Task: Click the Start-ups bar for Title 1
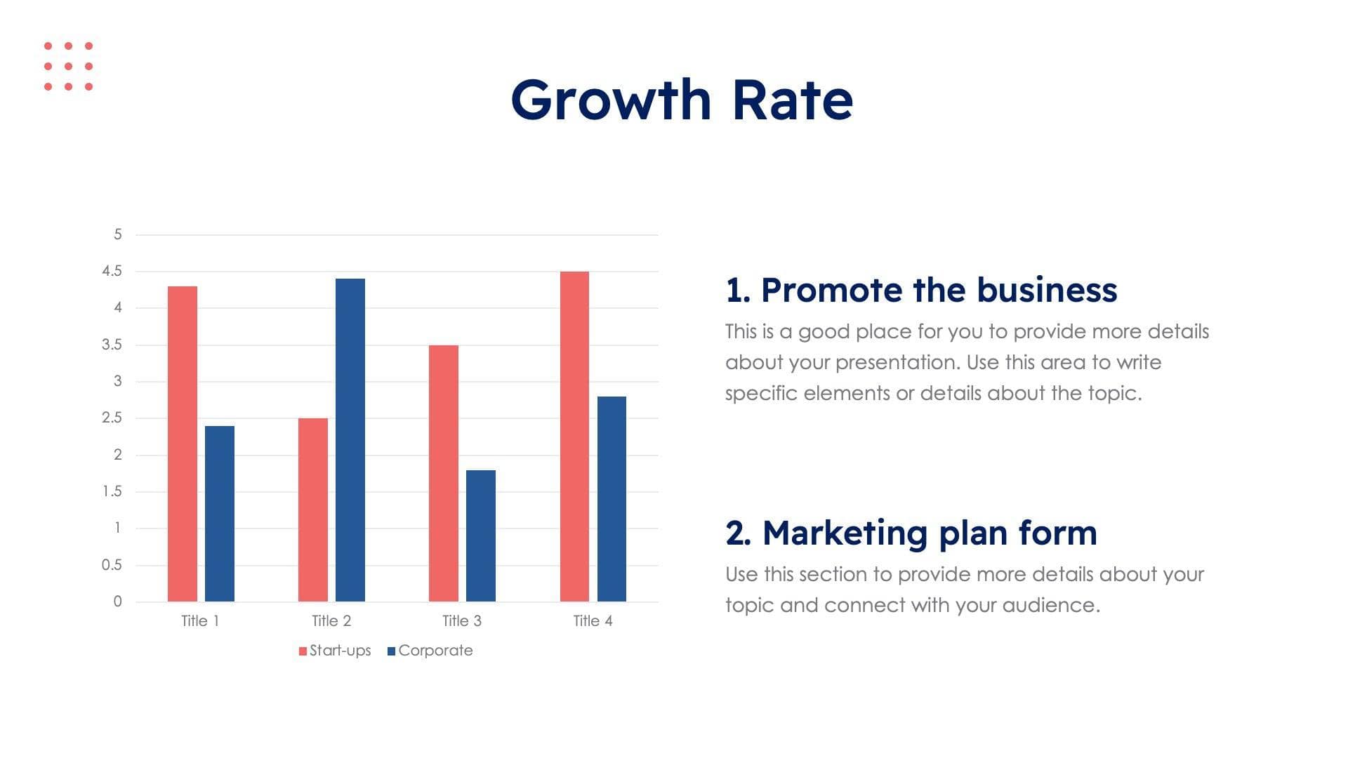click(x=183, y=444)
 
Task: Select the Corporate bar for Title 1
click(x=220, y=513)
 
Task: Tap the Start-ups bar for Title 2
click(x=313, y=510)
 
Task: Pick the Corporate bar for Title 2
click(x=350, y=440)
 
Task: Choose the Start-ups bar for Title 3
click(x=444, y=473)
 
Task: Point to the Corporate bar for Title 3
click(x=481, y=536)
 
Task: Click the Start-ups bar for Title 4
click(x=574, y=436)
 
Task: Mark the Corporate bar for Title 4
click(x=612, y=499)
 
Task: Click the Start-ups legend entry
click(x=335, y=651)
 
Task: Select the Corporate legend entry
click(x=430, y=651)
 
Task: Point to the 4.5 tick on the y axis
click(x=112, y=271)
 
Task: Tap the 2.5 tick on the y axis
click(x=112, y=418)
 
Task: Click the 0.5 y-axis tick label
click(x=112, y=565)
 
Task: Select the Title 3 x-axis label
click(x=462, y=621)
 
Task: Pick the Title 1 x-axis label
click(x=200, y=621)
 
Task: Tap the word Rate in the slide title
click(x=793, y=100)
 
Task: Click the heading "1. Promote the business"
click(x=921, y=290)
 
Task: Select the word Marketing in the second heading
click(x=845, y=533)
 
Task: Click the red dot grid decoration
click(x=68, y=66)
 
